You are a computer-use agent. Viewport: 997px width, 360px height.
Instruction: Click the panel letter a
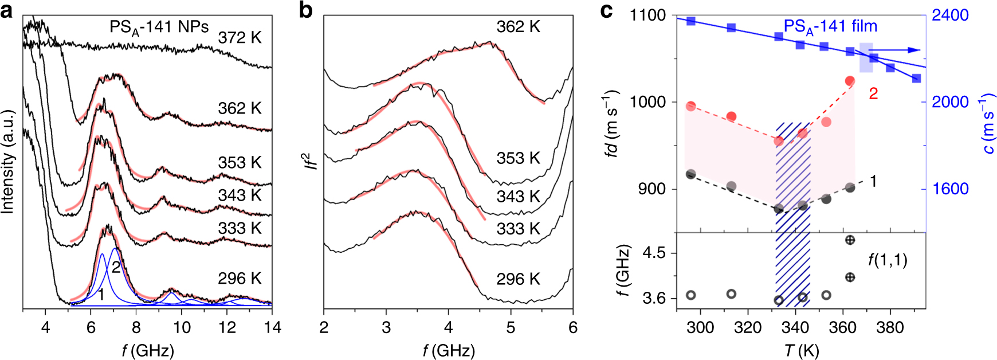point(7,10)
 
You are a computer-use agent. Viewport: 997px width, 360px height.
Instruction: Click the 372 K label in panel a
point(240,38)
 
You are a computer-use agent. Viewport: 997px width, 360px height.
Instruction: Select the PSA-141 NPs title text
point(159,28)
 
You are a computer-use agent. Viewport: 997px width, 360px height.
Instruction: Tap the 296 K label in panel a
point(240,279)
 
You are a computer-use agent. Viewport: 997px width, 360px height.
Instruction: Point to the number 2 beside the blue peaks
point(116,268)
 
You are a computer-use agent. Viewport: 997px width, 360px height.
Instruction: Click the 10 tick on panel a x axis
point(182,327)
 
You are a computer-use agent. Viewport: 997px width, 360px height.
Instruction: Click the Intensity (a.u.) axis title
point(8,162)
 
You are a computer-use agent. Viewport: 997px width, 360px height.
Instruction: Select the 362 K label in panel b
point(518,27)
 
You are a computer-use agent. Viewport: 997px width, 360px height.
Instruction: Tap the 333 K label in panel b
point(518,229)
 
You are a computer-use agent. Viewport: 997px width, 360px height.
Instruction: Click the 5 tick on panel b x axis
point(511,327)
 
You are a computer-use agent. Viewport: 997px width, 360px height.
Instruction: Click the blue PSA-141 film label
point(830,26)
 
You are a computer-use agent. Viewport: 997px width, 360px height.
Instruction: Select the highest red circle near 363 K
point(850,81)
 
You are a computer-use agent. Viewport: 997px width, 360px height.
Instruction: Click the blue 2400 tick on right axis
point(950,15)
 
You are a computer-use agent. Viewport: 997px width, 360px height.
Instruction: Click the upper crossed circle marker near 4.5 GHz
point(850,240)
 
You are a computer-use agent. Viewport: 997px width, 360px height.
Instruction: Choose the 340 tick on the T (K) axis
point(795,327)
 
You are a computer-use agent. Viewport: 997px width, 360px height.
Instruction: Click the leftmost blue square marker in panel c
point(691,21)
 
